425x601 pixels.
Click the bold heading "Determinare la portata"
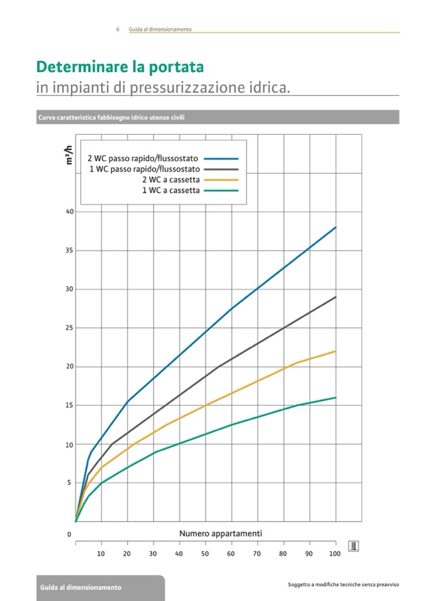pos(120,66)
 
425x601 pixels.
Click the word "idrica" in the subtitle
pos(270,87)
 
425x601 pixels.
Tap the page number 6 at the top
pos(118,29)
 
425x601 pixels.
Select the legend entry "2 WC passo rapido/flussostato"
pos(142,159)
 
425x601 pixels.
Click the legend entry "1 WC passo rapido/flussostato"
pos(144,169)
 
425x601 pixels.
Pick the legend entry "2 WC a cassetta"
pos(171,180)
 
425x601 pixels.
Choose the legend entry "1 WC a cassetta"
pos(171,191)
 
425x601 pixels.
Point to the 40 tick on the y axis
pos(70,212)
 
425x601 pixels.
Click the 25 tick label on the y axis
pos(70,328)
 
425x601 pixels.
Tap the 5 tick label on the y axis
pos(71,483)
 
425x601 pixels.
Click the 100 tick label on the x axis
pos(334,554)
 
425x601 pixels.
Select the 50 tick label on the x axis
pos(205,554)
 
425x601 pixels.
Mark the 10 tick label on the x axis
pos(101,554)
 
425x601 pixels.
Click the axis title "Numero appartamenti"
pos(221,534)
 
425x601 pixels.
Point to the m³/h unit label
pos(68,155)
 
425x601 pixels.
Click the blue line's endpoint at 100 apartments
pos(336,227)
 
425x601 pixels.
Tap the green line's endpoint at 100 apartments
pos(336,397)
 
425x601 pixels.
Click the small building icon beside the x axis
pos(354,546)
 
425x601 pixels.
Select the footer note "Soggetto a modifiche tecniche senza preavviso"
pos(343,585)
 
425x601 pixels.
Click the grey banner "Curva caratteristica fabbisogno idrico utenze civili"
pos(111,117)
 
